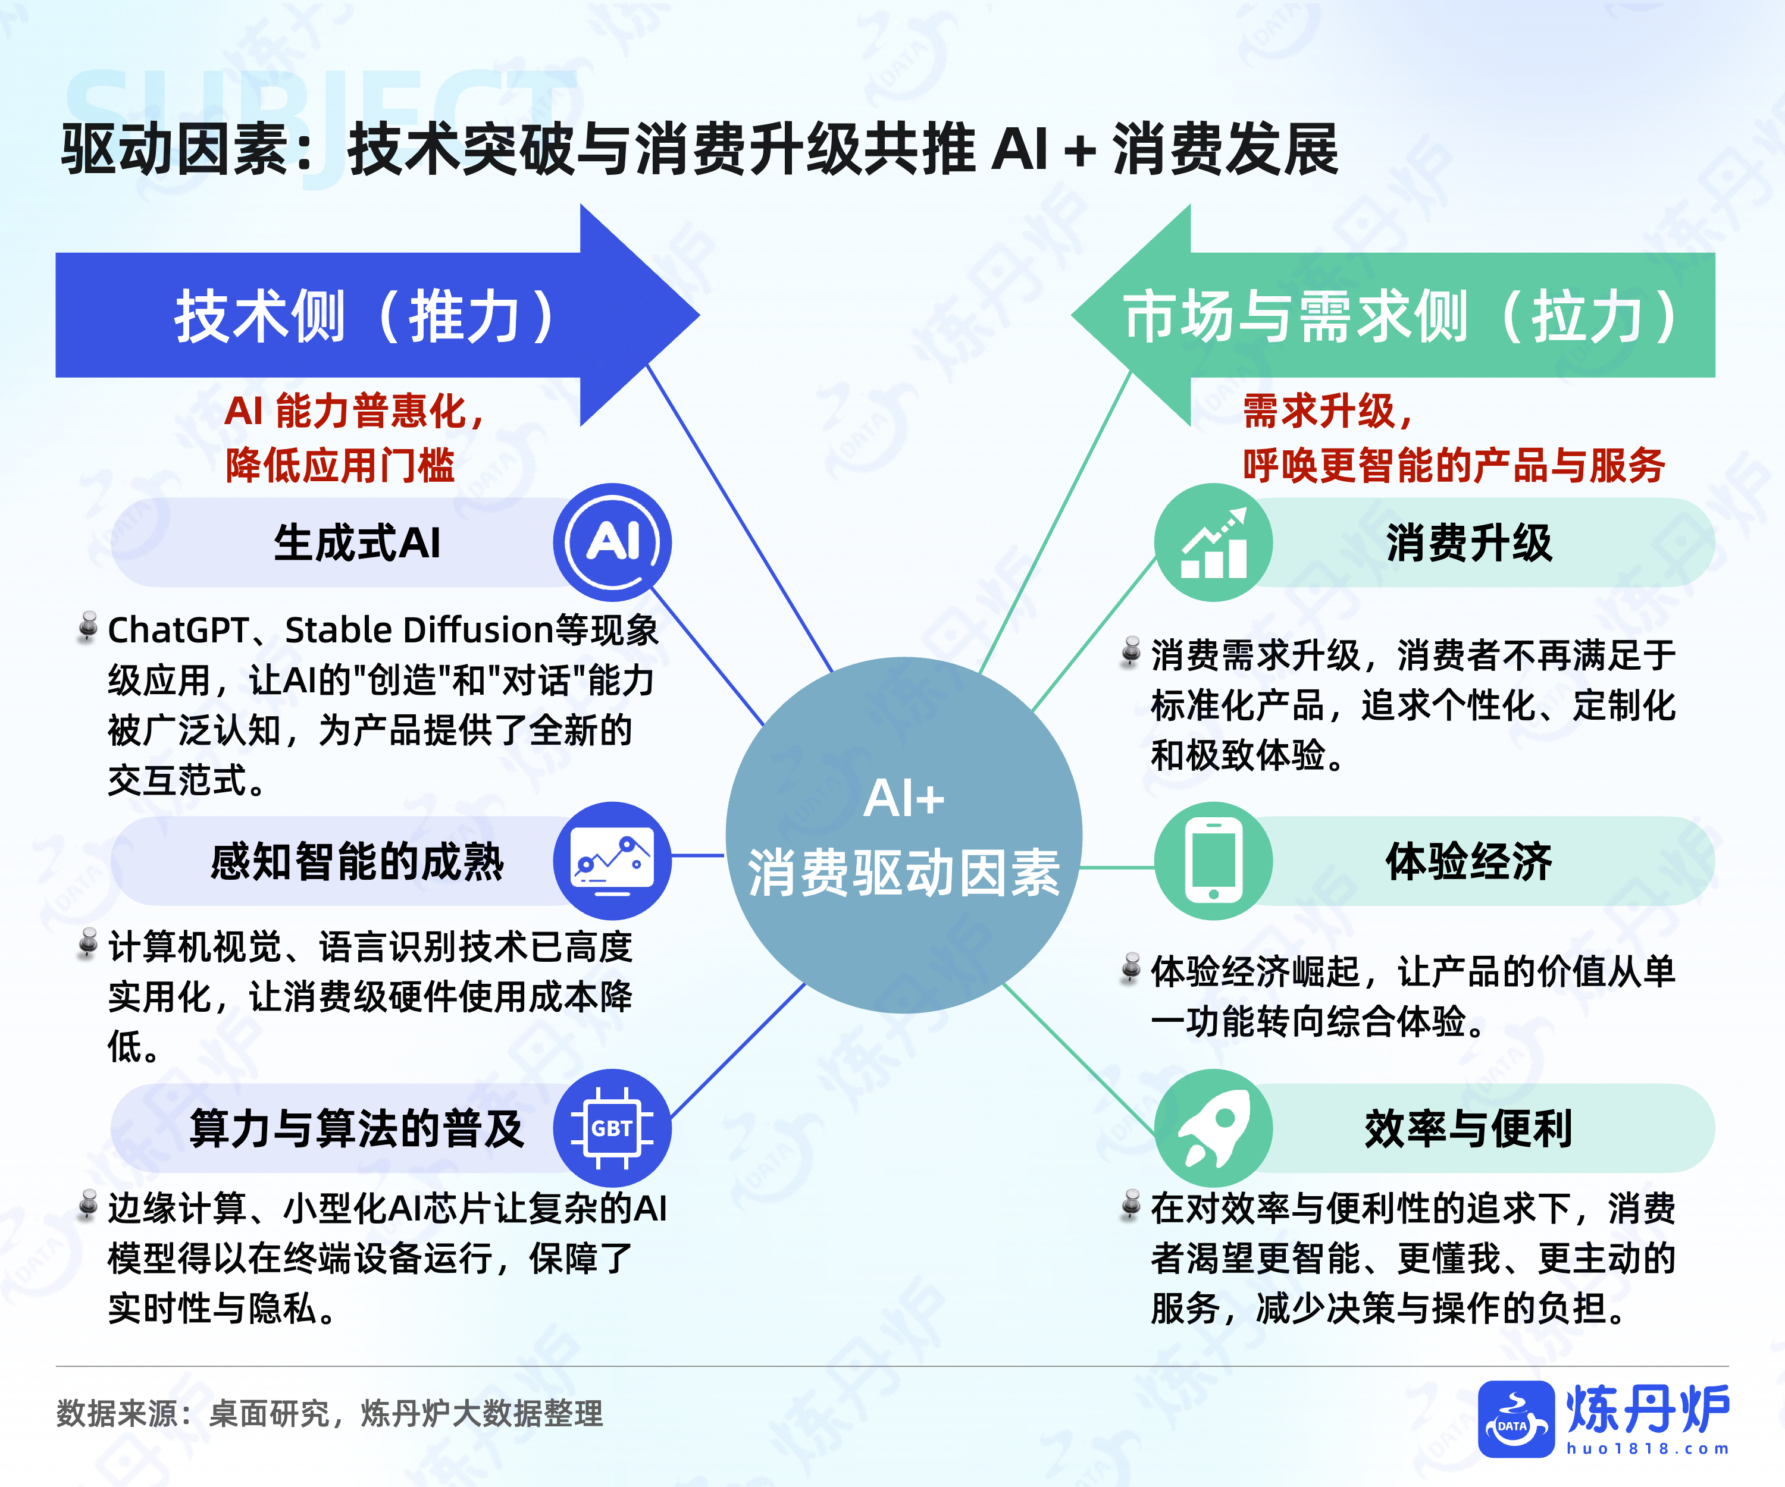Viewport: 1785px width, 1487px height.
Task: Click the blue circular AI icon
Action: tap(612, 542)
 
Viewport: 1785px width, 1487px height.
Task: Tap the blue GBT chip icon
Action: tap(612, 1128)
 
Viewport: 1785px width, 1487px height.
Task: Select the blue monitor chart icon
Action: tap(612, 860)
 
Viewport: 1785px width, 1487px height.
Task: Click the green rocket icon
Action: tap(1213, 1128)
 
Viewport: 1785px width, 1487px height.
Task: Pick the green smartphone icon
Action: tap(1213, 860)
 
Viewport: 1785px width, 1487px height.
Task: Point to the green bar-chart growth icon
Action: tap(1213, 542)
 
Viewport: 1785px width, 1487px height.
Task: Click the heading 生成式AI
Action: tap(357, 542)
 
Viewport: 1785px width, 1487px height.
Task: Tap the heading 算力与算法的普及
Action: tap(357, 1128)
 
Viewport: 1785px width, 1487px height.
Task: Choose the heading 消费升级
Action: tap(1469, 542)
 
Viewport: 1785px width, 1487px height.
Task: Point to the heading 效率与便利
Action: tap(1469, 1128)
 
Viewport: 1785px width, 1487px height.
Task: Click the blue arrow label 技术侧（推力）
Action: tap(365, 316)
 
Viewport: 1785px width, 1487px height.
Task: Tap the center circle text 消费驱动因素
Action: tap(904, 873)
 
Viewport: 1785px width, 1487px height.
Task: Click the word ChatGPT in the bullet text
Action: tap(178, 630)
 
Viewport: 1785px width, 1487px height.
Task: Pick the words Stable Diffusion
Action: tap(419, 630)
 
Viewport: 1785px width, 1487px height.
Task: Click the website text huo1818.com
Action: tap(1648, 1448)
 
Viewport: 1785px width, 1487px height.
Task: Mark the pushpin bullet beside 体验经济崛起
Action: tap(1130, 969)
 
